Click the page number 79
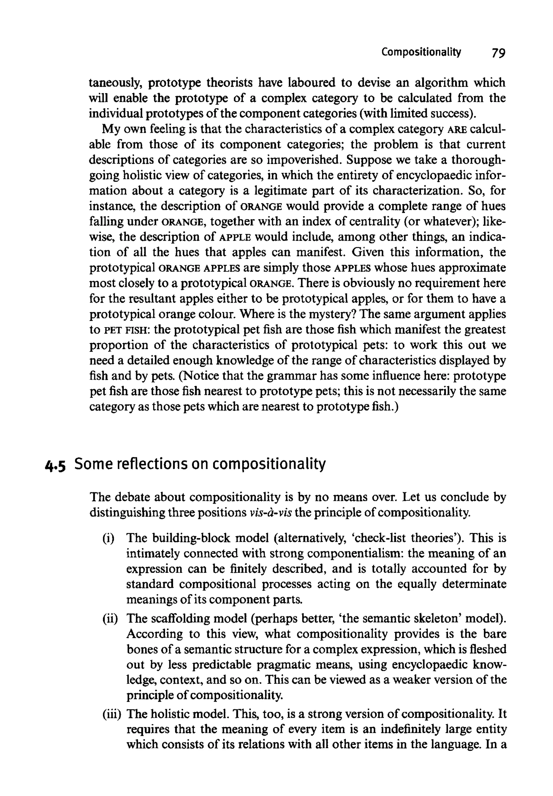tap(498, 53)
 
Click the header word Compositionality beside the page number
tap(421, 52)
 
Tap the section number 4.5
tap(55, 465)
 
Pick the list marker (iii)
tap(112, 715)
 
